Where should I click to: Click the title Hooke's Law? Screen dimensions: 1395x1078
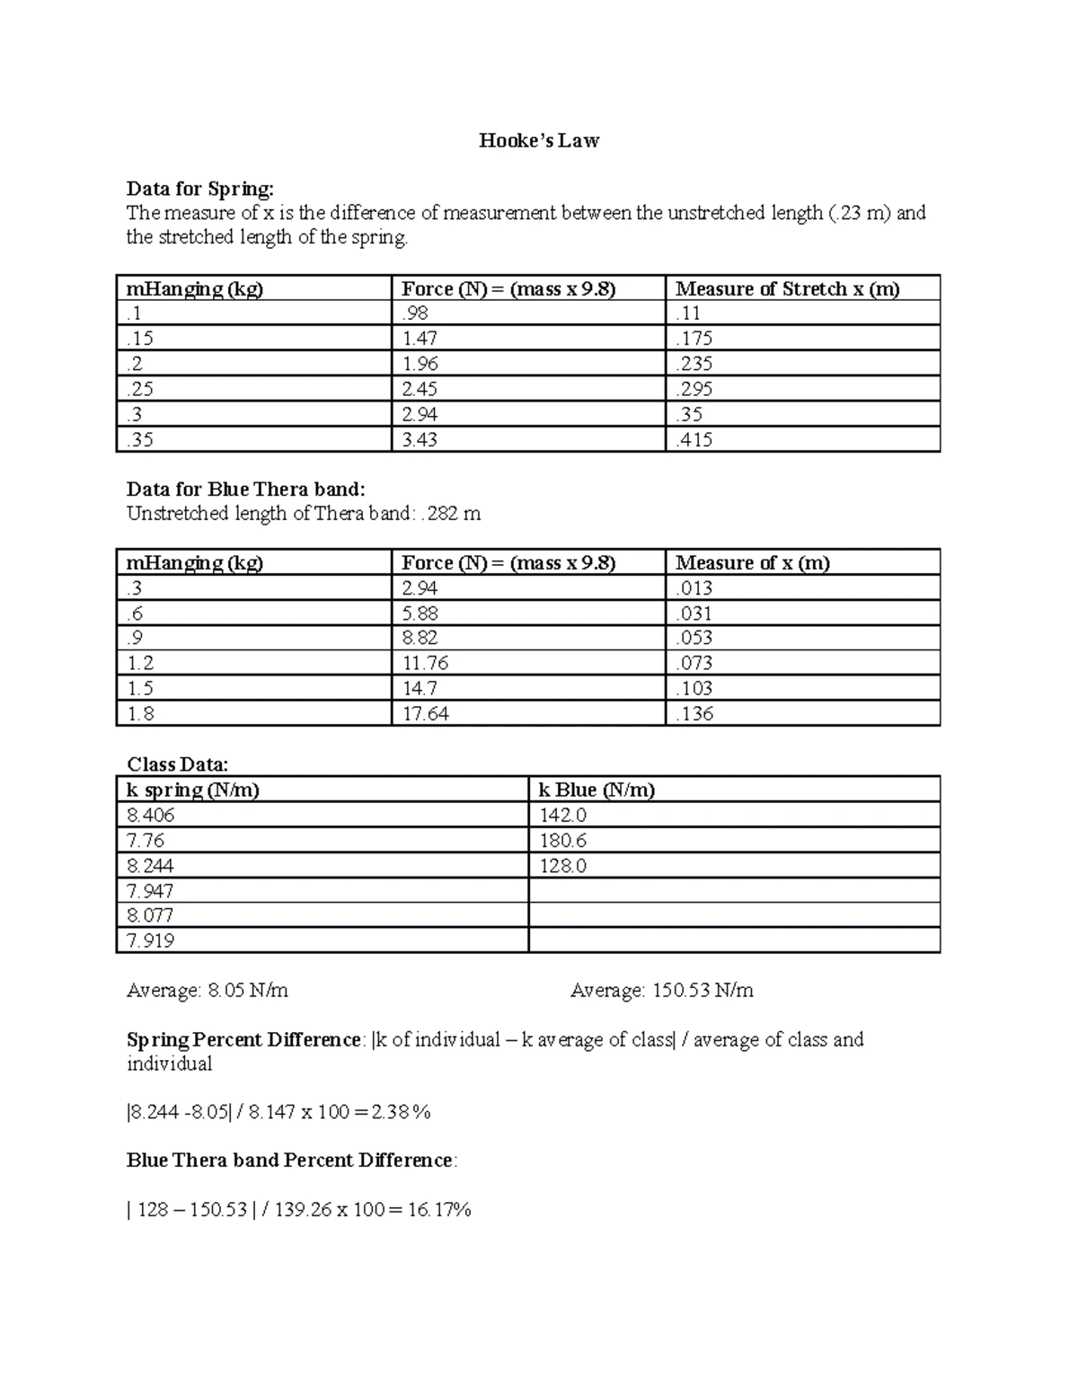tap(538, 140)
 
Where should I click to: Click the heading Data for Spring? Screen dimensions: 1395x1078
tap(199, 189)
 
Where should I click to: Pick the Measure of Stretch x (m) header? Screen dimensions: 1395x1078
tap(787, 288)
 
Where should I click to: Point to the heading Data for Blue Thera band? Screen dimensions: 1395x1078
tap(245, 489)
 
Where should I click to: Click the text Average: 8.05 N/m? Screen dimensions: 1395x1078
tap(208, 991)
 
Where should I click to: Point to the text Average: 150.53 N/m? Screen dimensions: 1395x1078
tap(661, 991)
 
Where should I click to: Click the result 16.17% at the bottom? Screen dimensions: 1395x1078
tap(439, 1210)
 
